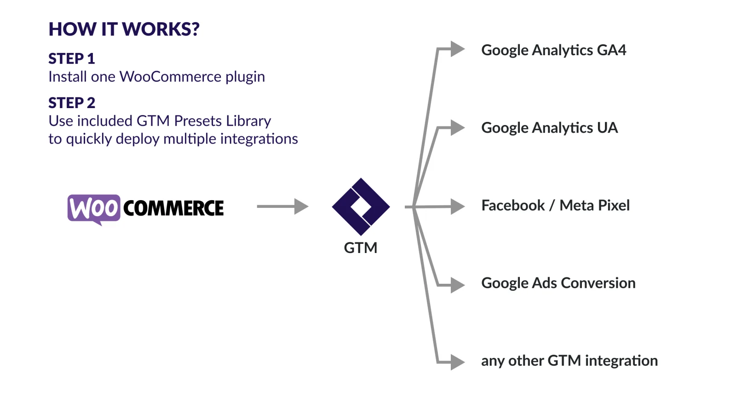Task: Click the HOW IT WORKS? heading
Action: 124,29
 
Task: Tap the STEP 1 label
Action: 72,59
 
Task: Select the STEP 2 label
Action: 72,103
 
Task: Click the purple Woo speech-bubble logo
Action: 94,209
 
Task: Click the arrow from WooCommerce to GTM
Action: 282,207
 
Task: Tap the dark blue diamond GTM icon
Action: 361,207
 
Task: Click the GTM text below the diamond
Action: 361,248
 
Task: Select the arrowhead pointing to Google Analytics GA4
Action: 457,49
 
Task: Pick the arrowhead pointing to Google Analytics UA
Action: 457,127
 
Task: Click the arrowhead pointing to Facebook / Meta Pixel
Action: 457,207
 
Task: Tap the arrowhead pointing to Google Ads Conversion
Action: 457,285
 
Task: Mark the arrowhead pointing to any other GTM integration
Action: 457,362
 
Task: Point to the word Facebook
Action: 513,206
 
